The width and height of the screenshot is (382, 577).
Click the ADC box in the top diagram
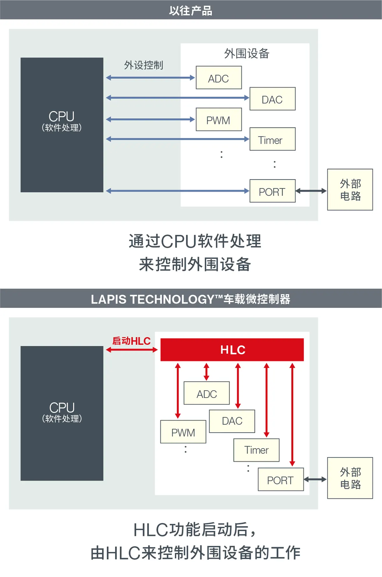[x=219, y=78]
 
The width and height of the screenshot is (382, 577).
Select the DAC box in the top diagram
[x=272, y=99]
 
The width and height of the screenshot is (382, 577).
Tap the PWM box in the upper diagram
[x=219, y=119]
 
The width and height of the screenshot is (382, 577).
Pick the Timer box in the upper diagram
[x=272, y=139]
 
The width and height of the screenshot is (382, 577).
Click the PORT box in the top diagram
[x=272, y=191]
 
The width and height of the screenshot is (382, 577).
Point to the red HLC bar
[x=232, y=350]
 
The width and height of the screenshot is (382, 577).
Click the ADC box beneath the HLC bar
[x=207, y=393]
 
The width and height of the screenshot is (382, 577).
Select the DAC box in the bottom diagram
[x=232, y=421]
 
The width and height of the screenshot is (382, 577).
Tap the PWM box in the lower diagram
[x=183, y=432]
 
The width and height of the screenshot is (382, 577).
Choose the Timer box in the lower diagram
[x=256, y=450]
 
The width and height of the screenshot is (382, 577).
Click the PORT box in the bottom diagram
[x=281, y=480]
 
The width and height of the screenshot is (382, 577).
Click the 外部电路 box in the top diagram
[x=350, y=190]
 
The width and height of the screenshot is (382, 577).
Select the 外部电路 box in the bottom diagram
[x=350, y=478]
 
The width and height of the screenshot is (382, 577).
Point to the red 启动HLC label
[x=131, y=341]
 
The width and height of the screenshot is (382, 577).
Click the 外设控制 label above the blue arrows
[x=144, y=65]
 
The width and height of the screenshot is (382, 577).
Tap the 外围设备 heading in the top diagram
[x=247, y=54]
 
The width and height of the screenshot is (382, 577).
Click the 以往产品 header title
[x=191, y=11]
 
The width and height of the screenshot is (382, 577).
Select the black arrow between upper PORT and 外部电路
[x=311, y=191]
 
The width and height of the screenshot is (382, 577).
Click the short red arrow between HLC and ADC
[x=206, y=372]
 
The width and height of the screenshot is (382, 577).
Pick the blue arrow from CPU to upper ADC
[x=150, y=78]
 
